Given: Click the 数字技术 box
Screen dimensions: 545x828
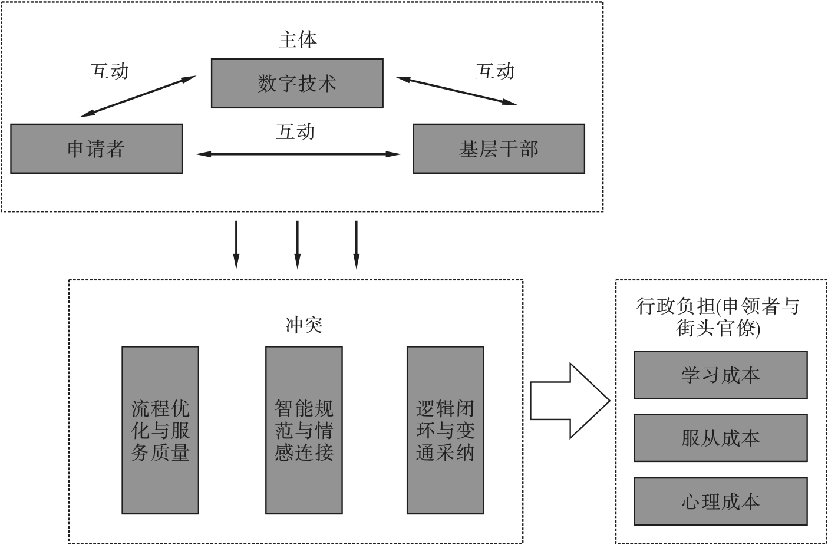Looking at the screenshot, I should pos(297,83).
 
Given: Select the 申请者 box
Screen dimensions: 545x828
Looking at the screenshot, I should pos(96,148).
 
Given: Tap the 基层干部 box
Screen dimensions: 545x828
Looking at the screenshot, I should pos(499,148).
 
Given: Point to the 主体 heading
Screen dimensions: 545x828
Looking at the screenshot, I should pos(298,39).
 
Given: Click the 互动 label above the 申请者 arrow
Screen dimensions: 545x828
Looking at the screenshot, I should pos(109,71).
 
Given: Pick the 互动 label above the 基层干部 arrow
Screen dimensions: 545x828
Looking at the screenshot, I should pos(495,71).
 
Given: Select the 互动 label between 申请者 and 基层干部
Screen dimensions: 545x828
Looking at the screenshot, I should pos(295,131).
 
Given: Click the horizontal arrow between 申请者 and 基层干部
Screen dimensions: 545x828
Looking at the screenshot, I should pos(298,154).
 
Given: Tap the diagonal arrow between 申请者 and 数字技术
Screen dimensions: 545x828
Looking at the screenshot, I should pos(137,95).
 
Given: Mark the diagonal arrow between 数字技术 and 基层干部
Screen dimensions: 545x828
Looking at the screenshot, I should pos(456,91).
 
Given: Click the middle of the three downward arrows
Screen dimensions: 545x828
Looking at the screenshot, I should pos(297,245).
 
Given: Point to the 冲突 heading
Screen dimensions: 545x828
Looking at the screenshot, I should pos(304,325).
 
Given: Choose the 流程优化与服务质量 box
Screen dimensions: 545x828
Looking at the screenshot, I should pos(160,430).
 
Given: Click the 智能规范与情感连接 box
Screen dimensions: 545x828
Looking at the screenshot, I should pos(304,430).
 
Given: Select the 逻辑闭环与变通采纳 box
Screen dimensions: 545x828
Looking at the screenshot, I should pos(446,430).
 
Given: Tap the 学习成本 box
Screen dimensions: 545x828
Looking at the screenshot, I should pos(720,375).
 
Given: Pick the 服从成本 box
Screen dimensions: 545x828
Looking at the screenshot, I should pos(720,438).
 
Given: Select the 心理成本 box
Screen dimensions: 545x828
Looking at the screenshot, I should pos(720,501).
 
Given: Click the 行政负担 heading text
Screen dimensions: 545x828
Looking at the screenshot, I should pos(718,316).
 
